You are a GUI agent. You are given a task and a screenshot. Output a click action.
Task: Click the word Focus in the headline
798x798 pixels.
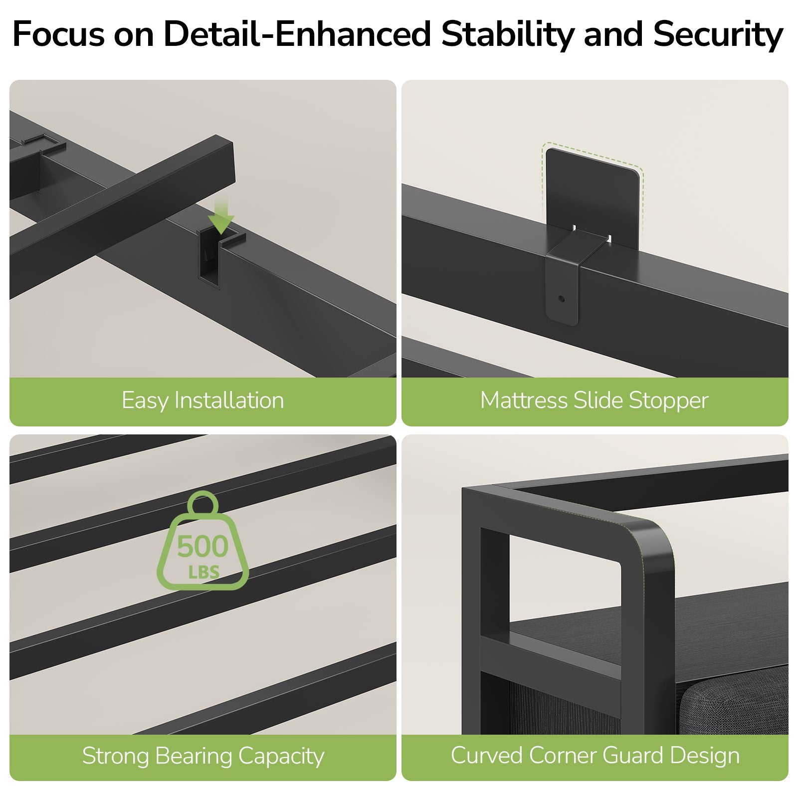click(x=59, y=34)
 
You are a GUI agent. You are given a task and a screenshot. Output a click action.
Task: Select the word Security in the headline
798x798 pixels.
click(x=718, y=35)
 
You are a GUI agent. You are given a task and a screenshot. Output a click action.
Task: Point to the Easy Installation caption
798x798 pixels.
click(x=202, y=400)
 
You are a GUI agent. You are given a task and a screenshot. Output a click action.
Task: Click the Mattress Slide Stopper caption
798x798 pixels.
click(x=594, y=400)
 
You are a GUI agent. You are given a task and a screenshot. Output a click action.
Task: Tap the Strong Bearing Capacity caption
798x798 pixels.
click(x=203, y=756)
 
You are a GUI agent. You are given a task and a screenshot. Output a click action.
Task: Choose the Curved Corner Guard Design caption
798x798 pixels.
click(x=595, y=755)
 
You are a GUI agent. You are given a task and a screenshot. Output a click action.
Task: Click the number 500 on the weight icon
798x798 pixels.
click(x=202, y=547)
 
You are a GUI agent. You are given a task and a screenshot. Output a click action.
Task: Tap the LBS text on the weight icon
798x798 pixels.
click(x=203, y=572)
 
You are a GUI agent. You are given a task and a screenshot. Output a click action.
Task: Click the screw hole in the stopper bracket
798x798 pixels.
click(x=562, y=299)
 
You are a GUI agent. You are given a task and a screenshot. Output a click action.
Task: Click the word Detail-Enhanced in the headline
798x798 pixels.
click(x=297, y=34)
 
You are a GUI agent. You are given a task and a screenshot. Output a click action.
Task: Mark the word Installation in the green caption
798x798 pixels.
click(x=229, y=400)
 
